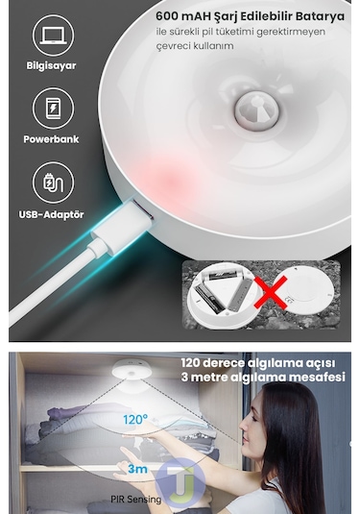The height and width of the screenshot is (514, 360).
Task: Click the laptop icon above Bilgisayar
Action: pos(54,36)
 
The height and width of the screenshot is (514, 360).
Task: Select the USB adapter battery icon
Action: pos(54,183)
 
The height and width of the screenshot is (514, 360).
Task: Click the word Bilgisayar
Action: pos(52,66)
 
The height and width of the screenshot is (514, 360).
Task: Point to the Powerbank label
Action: pos(52,139)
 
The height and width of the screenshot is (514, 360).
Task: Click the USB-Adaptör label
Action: pos(53,213)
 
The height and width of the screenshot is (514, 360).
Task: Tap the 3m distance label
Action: pos(137,468)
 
